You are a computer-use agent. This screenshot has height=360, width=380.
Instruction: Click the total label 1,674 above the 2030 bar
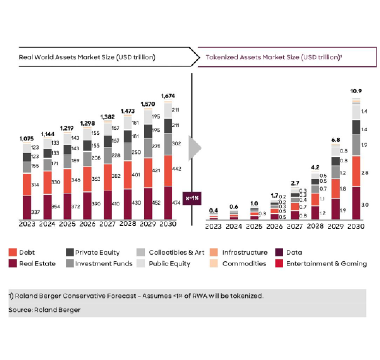[168, 96]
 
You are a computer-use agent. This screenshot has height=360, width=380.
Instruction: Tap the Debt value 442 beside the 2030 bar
[176, 169]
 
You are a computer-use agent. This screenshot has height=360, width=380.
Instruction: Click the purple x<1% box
[192, 198]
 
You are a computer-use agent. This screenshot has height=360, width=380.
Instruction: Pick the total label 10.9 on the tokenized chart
[356, 91]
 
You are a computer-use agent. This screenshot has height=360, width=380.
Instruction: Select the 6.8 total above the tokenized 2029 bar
[336, 140]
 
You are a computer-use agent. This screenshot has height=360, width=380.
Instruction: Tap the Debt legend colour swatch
[13, 252]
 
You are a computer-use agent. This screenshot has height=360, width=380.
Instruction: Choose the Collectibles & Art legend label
[176, 252]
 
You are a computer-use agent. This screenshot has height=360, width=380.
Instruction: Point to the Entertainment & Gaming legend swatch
[279, 264]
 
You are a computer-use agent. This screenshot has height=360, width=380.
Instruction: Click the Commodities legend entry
[244, 264]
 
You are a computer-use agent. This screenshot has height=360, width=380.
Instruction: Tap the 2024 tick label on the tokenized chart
[234, 226]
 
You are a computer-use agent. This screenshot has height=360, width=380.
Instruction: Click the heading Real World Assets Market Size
[87, 57]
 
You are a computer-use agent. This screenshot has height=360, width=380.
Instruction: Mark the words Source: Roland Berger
[44, 310]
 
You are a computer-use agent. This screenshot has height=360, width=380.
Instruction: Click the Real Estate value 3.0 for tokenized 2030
[365, 205]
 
